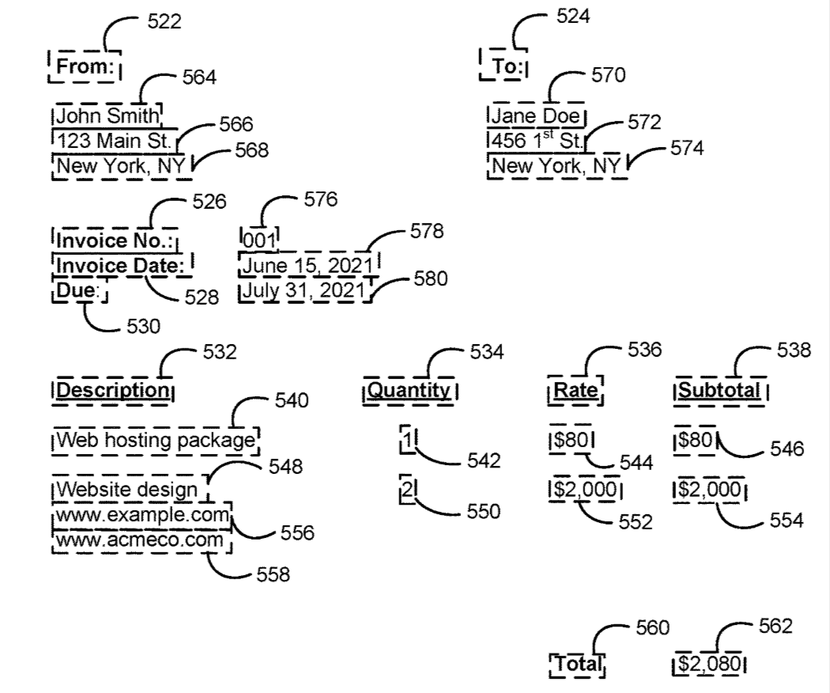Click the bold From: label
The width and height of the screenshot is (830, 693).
[x=84, y=66]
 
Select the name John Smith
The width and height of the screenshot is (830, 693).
[x=107, y=117]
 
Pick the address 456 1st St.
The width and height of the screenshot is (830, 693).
[x=536, y=142]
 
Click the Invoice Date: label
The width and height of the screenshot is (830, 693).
[x=122, y=266]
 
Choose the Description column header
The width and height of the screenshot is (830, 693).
[x=113, y=390]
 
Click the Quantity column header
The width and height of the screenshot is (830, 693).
[x=410, y=390]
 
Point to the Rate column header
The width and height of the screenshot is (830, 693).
[x=575, y=390]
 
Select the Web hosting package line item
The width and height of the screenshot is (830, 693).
[x=155, y=440]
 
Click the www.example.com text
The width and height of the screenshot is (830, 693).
[x=141, y=516]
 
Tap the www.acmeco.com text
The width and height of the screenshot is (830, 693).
[x=140, y=540]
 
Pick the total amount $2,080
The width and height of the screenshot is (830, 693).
[x=710, y=663]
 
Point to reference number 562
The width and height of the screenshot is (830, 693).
[x=775, y=626]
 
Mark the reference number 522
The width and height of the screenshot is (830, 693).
[x=164, y=22]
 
